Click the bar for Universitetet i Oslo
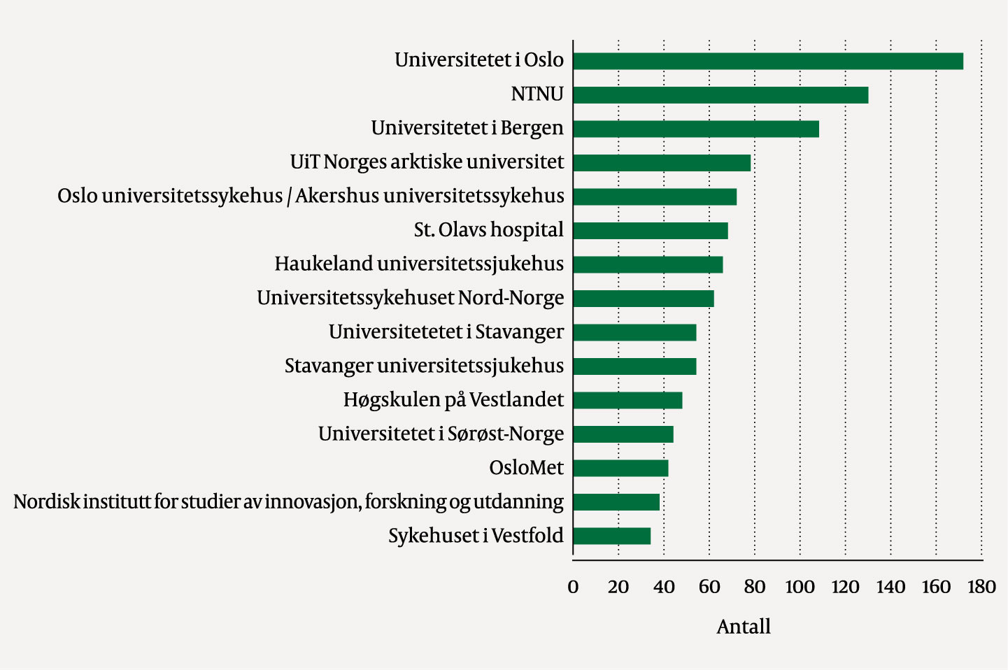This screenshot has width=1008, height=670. (x=767, y=61)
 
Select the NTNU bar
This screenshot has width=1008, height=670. (x=720, y=95)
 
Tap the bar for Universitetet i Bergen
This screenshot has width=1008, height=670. (x=696, y=129)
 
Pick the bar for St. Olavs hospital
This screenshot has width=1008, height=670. (x=651, y=231)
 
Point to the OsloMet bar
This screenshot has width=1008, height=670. (x=620, y=468)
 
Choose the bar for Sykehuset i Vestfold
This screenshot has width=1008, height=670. (x=612, y=536)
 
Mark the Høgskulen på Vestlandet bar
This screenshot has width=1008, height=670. (x=627, y=400)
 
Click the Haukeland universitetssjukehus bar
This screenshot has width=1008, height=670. (x=648, y=264)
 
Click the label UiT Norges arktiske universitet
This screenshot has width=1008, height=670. (x=427, y=162)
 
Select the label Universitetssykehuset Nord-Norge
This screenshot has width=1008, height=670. (x=410, y=298)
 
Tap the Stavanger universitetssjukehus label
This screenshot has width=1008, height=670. (x=424, y=366)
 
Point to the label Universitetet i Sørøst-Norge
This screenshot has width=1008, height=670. (x=441, y=434)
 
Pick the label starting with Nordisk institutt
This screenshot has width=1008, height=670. (x=288, y=502)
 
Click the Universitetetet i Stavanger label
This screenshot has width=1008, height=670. (x=446, y=332)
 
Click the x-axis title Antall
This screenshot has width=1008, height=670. (x=744, y=627)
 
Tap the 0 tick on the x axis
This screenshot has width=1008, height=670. (x=573, y=587)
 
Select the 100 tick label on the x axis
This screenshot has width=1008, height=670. (x=800, y=587)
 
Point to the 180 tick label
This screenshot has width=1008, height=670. (x=981, y=587)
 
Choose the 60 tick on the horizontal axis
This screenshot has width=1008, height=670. (x=709, y=587)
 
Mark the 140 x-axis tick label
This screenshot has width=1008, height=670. (x=890, y=587)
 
